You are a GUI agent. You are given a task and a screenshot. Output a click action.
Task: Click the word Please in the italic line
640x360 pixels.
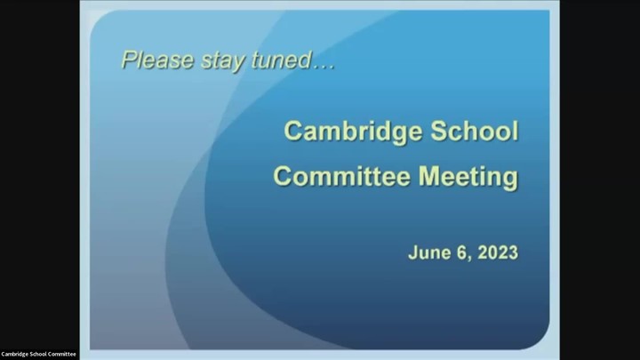click(157, 60)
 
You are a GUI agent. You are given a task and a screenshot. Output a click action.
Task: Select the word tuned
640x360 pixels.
click(282, 60)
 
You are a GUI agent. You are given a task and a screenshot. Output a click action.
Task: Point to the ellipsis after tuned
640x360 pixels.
click(324, 67)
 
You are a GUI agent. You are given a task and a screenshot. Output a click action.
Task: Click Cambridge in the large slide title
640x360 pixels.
click(353, 132)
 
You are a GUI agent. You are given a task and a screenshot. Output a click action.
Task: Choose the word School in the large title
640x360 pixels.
click(475, 131)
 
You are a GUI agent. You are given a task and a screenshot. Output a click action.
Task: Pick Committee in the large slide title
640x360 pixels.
click(341, 176)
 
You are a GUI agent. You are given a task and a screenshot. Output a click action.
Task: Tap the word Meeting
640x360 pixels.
click(468, 178)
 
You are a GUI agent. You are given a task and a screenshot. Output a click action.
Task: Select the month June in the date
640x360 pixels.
click(428, 252)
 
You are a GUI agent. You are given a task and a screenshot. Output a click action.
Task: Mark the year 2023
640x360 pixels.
click(498, 252)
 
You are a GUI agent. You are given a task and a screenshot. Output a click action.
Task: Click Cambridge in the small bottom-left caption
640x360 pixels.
click(12, 355)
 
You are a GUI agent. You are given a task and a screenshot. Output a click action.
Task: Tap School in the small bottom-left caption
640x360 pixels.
click(33, 355)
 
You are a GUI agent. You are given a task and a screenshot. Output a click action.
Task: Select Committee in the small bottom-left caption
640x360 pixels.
click(60, 355)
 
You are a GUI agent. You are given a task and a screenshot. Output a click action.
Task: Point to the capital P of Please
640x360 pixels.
click(129, 60)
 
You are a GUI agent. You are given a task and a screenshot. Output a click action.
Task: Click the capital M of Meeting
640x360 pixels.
click(429, 176)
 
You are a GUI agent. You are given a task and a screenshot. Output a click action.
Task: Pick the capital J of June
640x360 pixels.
click(412, 253)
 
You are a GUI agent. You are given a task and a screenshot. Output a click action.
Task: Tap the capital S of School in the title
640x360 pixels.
click(439, 131)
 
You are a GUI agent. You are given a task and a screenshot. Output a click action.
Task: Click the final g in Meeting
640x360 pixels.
click(510, 180)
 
